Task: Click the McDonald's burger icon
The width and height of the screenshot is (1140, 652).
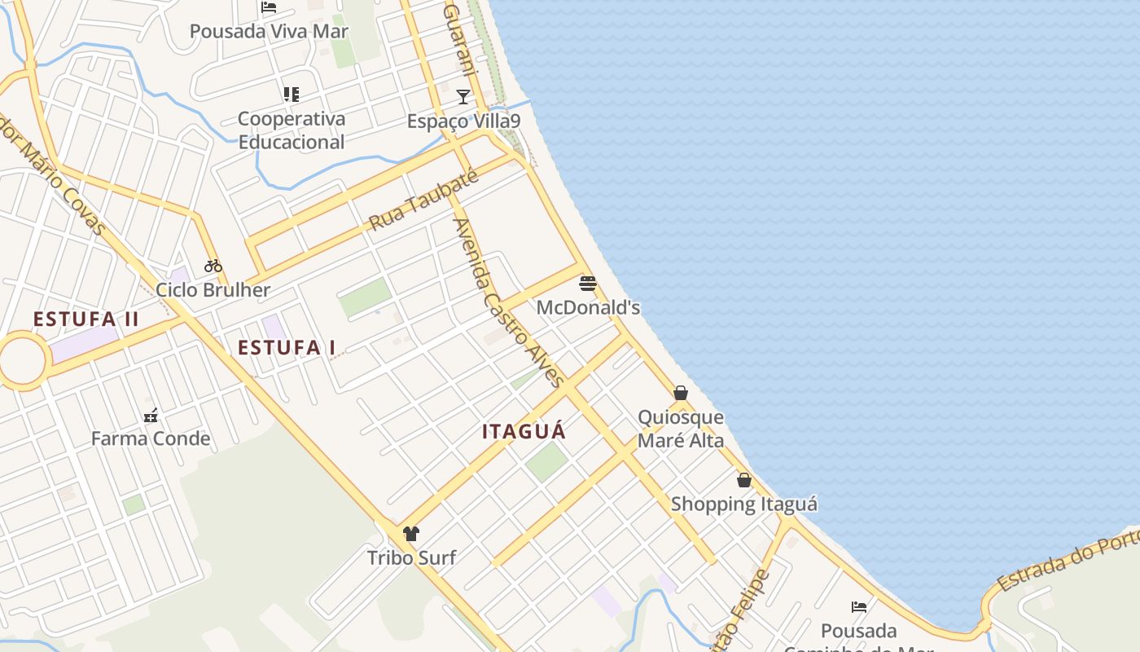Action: pyautogui.click(x=588, y=284)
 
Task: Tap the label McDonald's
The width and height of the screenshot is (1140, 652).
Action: pyautogui.click(x=588, y=307)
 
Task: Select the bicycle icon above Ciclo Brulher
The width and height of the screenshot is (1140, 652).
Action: pyautogui.click(x=213, y=265)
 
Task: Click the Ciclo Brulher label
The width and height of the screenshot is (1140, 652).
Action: pyautogui.click(x=213, y=289)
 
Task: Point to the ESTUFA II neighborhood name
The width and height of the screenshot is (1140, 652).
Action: pyautogui.click(x=86, y=319)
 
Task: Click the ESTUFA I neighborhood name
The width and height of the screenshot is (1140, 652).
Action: pyautogui.click(x=287, y=347)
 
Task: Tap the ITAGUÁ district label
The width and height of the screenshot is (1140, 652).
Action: pyautogui.click(x=524, y=431)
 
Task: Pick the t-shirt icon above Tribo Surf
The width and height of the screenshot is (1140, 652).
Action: pyautogui.click(x=411, y=534)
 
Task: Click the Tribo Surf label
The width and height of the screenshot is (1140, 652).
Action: pyautogui.click(x=411, y=558)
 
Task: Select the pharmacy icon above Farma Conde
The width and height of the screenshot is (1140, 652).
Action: pyautogui.click(x=151, y=416)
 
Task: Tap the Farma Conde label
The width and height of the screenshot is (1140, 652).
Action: pyautogui.click(x=151, y=438)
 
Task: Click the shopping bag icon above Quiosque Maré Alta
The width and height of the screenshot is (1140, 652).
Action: pyautogui.click(x=681, y=393)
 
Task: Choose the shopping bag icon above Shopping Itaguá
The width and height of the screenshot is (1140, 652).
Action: pyautogui.click(x=743, y=480)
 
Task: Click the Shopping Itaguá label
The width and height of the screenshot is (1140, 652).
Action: pyautogui.click(x=743, y=504)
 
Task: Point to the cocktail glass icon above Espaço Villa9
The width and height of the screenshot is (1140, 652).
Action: pyautogui.click(x=463, y=97)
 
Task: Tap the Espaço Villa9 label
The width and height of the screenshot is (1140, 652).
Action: pyautogui.click(x=463, y=121)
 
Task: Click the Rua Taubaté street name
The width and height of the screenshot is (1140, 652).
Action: pyautogui.click(x=423, y=200)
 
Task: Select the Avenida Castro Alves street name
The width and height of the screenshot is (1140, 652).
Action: pyautogui.click(x=508, y=302)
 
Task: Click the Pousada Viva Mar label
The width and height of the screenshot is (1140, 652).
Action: pyautogui.click(x=269, y=31)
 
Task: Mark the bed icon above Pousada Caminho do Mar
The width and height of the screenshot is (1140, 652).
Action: pyautogui.click(x=858, y=606)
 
